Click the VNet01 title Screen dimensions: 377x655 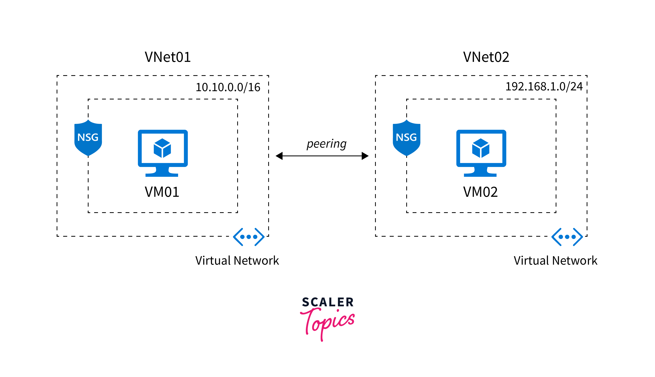[168, 57]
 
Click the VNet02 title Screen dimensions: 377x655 [486, 57]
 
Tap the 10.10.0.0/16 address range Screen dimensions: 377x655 [228, 87]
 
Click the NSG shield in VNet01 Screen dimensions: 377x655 [88, 138]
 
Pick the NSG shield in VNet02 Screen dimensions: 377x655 [406, 138]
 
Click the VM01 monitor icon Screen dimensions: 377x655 [163, 153]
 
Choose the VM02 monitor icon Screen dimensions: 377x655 [481, 153]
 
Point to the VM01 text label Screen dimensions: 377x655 [162, 192]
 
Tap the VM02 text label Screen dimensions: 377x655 [480, 192]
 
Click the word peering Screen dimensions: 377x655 [326, 144]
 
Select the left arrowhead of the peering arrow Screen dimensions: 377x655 [279, 156]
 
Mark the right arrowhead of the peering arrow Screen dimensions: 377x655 [365, 156]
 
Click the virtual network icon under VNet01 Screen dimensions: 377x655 [249, 237]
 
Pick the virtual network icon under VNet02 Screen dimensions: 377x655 [567, 237]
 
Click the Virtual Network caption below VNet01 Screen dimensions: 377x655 [237, 260]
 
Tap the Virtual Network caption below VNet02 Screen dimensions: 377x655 [555, 260]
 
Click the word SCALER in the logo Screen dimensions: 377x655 [328, 302]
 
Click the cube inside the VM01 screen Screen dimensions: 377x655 [162, 148]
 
